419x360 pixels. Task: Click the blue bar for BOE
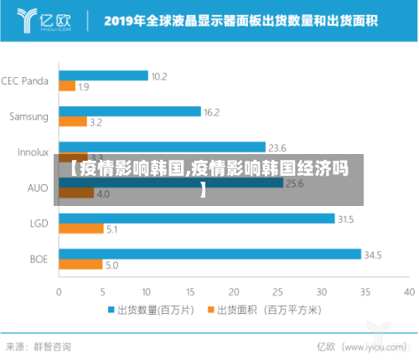[209, 255]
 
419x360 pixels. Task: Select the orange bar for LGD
[81, 229]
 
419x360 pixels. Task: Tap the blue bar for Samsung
[130, 111]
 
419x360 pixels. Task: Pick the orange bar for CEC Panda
[67, 85]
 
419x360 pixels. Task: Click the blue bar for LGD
[196, 219]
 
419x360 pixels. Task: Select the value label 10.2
[159, 76]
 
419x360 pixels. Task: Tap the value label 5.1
[111, 229]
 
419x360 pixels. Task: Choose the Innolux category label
[33, 152]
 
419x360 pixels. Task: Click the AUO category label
[38, 188]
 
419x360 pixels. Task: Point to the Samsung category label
[28, 116]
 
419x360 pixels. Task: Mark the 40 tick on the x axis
[409, 292]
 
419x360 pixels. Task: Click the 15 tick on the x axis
[190, 292]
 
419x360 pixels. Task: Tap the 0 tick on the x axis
[59, 292]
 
